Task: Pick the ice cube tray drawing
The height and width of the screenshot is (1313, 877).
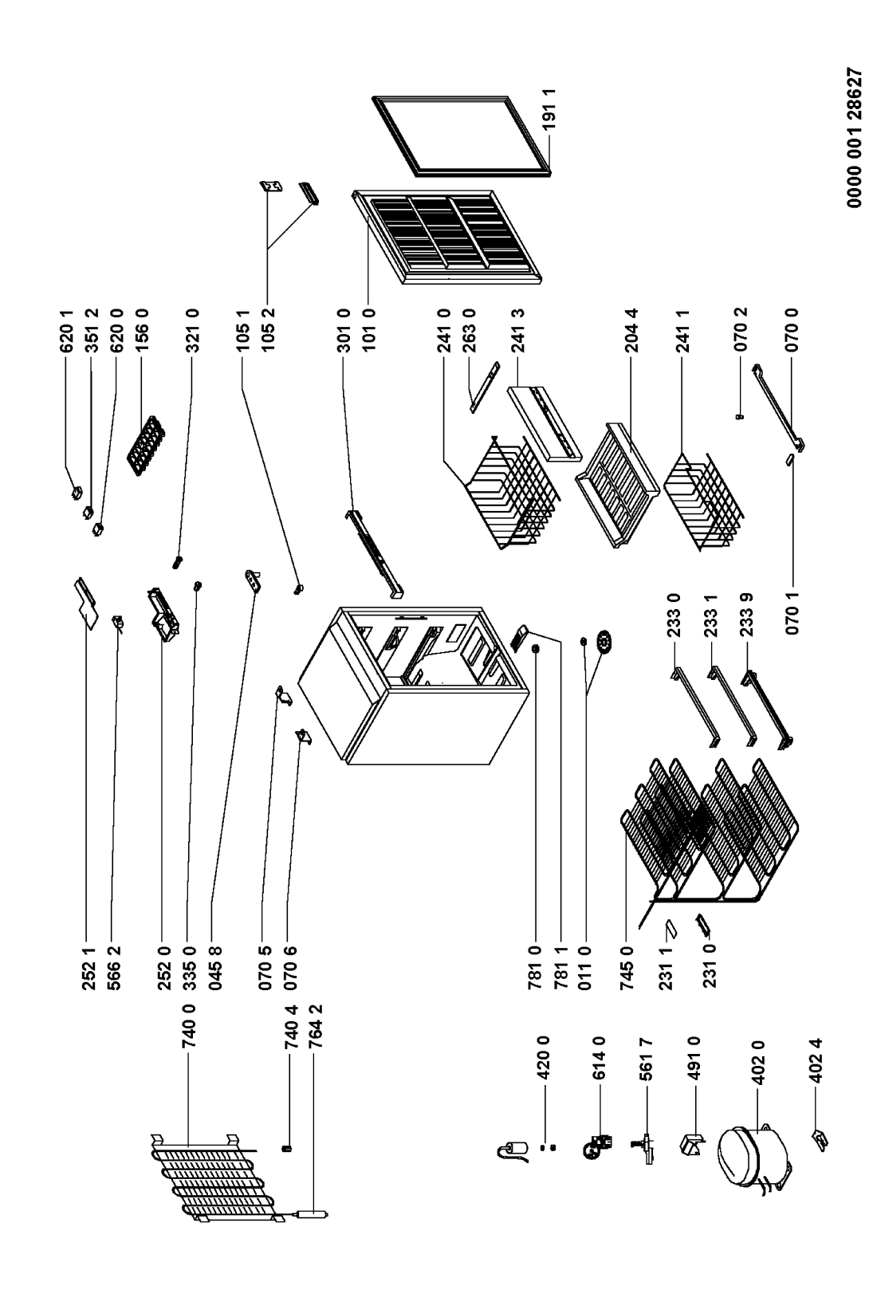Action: pyautogui.click(x=146, y=446)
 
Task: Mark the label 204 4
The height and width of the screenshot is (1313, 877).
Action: pyautogui.click(x=631, y=331)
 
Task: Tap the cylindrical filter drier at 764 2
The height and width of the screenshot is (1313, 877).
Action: pyautogui.click(x=313, y=1214)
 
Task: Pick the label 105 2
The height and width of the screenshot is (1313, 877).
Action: pyautogui.click(x=269, y=331)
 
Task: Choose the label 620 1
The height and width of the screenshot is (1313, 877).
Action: pyautogui.click(x=66, y=331)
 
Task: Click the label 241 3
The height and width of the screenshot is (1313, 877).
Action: pyautogui.click(x=517, y=331)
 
